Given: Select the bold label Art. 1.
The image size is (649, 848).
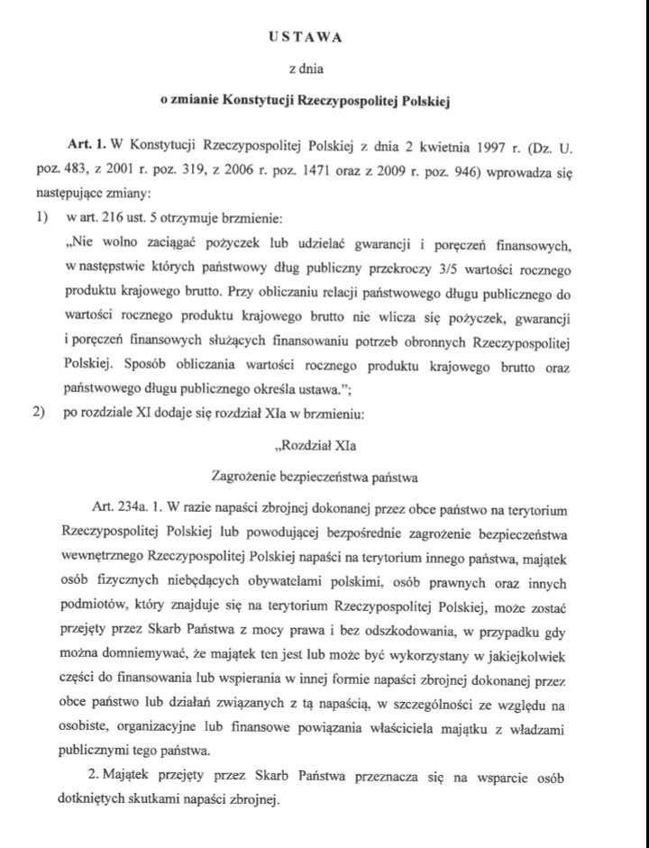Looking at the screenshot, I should tap(87, 144).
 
